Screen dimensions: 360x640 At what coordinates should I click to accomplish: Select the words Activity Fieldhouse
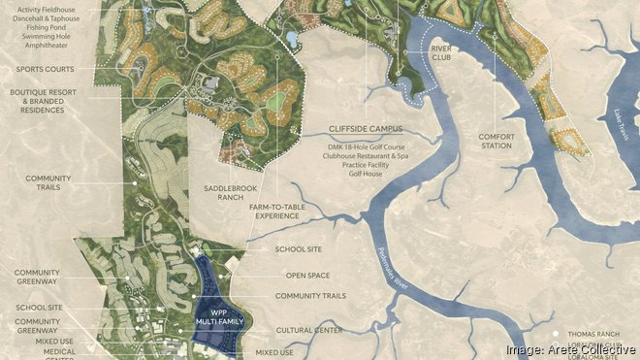pyautogui.click(x=60, y=7)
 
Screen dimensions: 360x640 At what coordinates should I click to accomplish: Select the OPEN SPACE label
pyautogui.click(x=303, y=275)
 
